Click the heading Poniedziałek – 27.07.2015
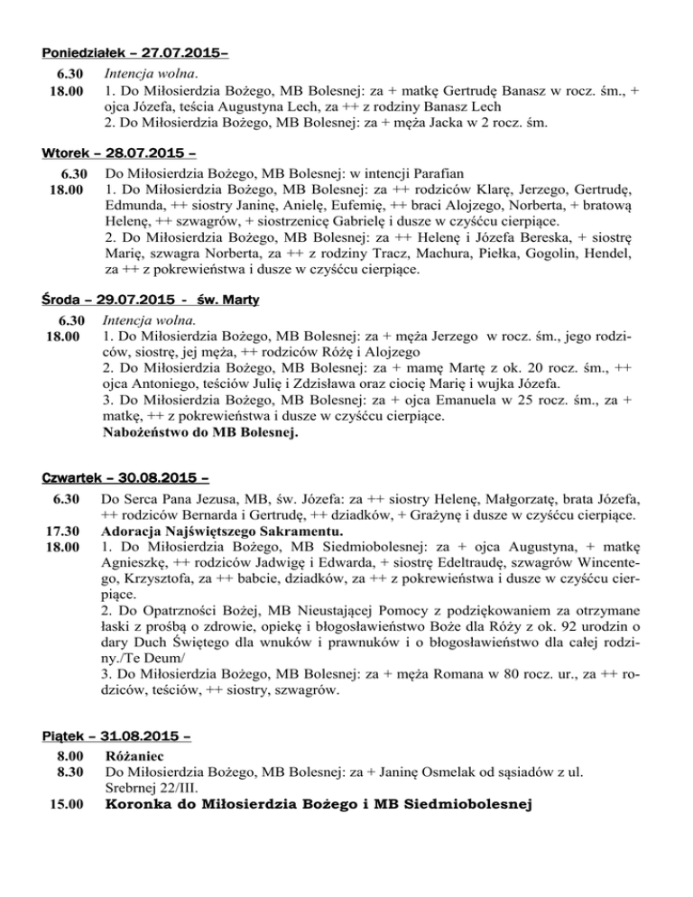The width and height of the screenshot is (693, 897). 134,53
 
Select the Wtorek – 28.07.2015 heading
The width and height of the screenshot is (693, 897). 119,152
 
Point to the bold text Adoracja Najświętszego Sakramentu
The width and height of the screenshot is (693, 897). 222,530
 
